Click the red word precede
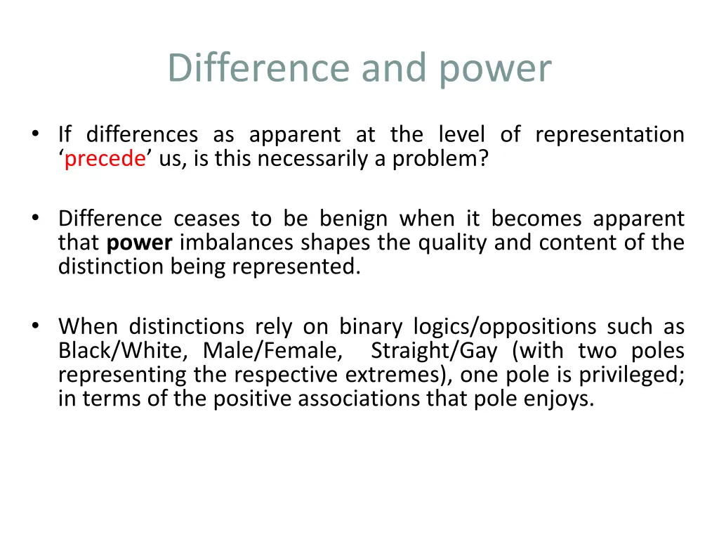105,159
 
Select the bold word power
139,243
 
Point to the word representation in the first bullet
609,134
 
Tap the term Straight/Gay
433,350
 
